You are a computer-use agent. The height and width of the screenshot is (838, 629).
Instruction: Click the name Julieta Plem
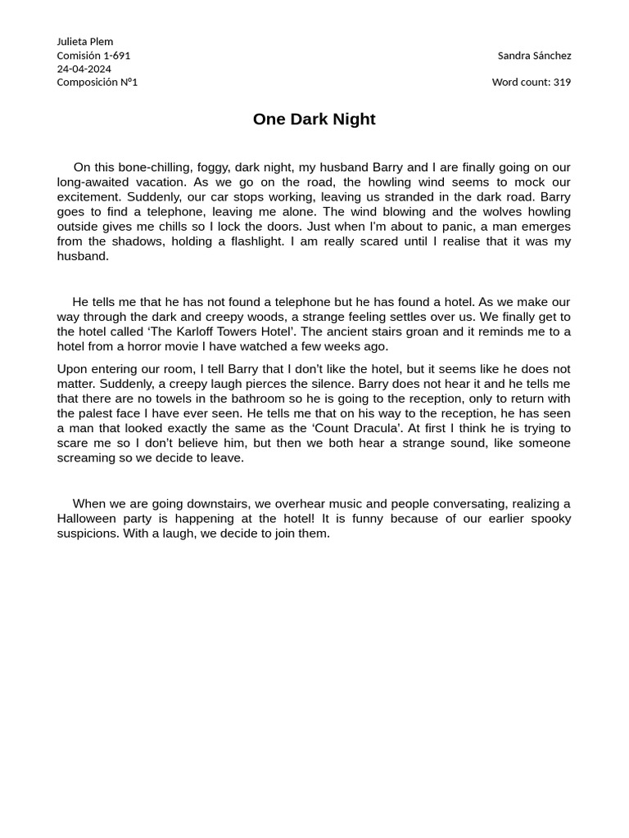click(85, 42)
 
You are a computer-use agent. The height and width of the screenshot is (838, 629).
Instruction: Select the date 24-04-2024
click(84, 69)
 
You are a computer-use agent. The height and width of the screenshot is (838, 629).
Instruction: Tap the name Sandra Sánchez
click(534, 56)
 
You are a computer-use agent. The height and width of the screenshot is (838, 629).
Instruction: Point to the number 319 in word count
click(562, 82)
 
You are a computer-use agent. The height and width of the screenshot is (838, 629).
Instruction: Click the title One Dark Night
click(314, 119)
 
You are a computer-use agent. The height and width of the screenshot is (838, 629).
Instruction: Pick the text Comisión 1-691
click(93, 56)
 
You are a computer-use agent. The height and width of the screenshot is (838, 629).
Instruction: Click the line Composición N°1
click(97, 82)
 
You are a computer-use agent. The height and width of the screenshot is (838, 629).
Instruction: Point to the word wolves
click(505, 212)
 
